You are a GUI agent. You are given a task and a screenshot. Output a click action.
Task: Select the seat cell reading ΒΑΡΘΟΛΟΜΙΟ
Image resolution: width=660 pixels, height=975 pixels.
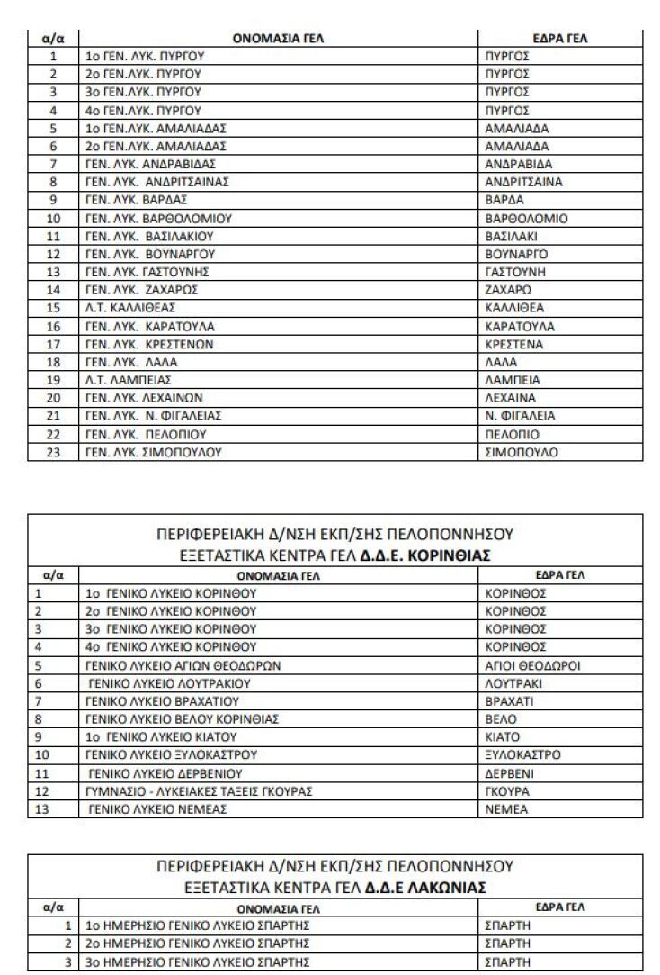(x=526, y=218)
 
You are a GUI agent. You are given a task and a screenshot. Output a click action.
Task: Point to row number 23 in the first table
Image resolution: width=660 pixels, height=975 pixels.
(x=53, y=452)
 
